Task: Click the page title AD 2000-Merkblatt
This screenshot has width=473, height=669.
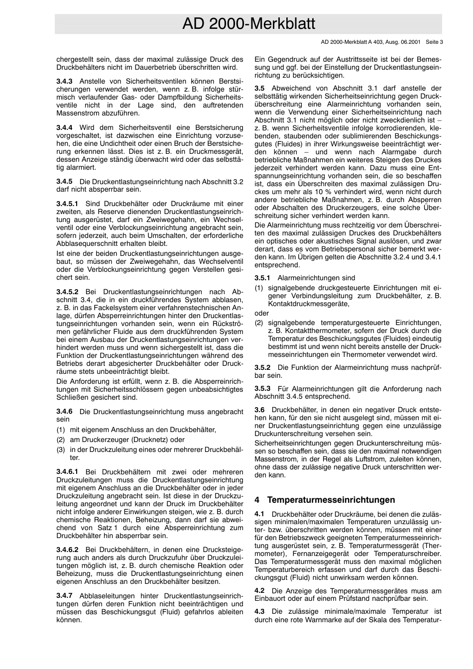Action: (x=248, y=24)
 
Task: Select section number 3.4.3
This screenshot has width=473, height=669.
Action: (x=64, y=81)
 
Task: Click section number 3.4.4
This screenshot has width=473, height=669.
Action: (x=64, y=127)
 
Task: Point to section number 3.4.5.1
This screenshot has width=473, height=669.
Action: (x=67, y=204)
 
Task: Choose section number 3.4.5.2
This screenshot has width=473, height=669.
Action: (x=67, y=292)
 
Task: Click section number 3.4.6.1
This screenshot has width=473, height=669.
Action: (x=67, y=472)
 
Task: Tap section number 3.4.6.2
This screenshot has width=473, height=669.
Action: (x=67, y=550)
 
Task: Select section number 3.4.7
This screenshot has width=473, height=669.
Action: (x=64, y=595)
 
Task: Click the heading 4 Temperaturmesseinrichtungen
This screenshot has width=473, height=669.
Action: (x=325, y=500)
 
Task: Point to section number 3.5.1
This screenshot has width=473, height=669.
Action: (x=262, y=278)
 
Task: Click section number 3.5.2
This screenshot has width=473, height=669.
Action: (x=262, y=367)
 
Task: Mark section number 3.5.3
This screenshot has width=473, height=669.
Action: (x=262, y=388)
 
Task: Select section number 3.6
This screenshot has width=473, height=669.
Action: (x=259, y=410)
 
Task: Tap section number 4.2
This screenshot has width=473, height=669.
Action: (x=259, y=590)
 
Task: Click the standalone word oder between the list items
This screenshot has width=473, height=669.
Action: (x=261, y=313)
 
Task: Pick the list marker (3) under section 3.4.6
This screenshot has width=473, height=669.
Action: (x=61, y=449)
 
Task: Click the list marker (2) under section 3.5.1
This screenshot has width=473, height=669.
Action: (x=259, y=323)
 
